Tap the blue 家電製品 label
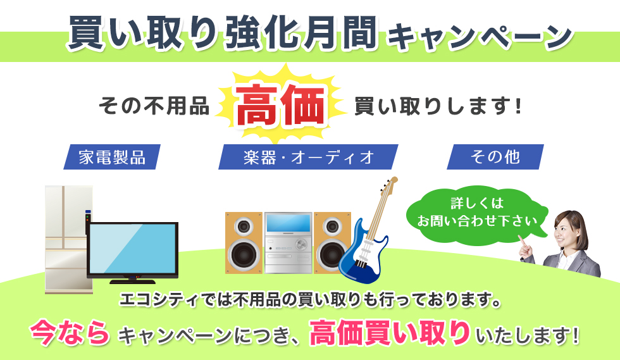(111, 157)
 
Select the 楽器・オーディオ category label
(308, 157)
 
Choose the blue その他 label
(495, 157)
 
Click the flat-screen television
(132, 249)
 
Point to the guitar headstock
(390, 184)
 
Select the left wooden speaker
(244, 243)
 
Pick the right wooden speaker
(332, 243)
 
